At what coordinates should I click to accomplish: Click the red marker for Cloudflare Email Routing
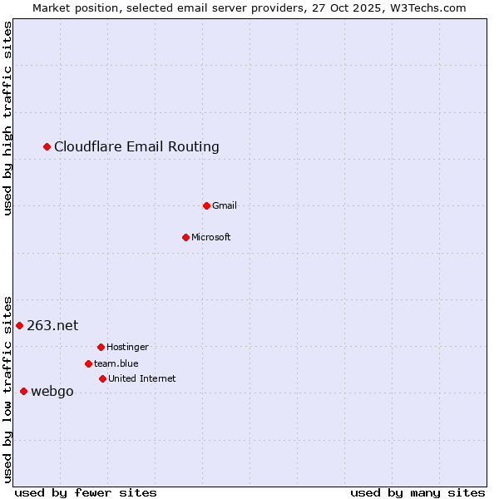click(47, 147)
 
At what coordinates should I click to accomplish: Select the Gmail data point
click(206, 205)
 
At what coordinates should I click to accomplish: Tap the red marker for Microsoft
click(185, 237)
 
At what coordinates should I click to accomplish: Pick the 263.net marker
click(19, 325)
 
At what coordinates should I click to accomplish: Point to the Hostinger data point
click(101, 347)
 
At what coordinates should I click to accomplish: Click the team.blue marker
click(88, 363)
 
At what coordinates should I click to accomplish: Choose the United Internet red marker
click(102, 378)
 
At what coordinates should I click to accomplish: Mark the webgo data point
click(23, 391)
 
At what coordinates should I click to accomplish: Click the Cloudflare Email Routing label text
click(136, 147)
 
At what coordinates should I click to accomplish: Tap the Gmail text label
click(225, 205)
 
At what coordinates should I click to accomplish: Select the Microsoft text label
click(211, 237)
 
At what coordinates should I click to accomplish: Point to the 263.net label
click(52, 325)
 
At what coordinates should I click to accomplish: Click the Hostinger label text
click(127, 347)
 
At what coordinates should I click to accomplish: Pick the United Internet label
click(141, 378)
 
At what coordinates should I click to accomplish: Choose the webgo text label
click(52, 392)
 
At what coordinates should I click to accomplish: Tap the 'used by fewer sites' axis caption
click(86, 492)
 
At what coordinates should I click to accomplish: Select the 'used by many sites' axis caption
click(417, 492)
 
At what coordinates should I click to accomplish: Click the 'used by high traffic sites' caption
click(7, 118)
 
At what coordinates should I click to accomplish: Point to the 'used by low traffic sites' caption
click(7, 388)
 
